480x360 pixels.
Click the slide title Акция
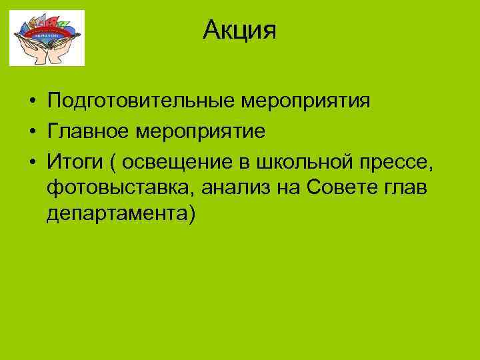tap(239, 29)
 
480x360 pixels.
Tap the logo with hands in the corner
tap(47, 37)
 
